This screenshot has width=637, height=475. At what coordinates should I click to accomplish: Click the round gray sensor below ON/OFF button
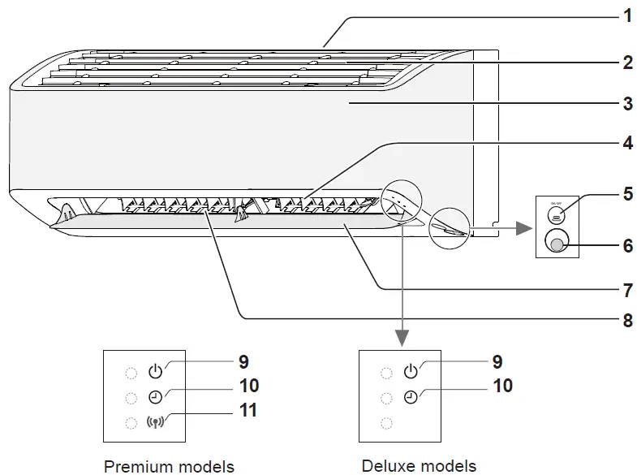(556, 242)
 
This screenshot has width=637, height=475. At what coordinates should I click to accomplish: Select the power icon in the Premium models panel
(156, 373)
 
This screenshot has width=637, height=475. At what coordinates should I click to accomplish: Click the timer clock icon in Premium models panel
(156, 397)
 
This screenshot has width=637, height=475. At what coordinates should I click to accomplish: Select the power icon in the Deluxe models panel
(411, 373)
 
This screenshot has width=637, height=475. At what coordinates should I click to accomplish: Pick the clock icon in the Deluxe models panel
(411, 397)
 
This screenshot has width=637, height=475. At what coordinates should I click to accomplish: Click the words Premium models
(169, 465)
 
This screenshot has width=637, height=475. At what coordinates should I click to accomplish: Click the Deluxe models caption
(419, 465)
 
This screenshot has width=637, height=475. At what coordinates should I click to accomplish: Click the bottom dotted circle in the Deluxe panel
(386, 423)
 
